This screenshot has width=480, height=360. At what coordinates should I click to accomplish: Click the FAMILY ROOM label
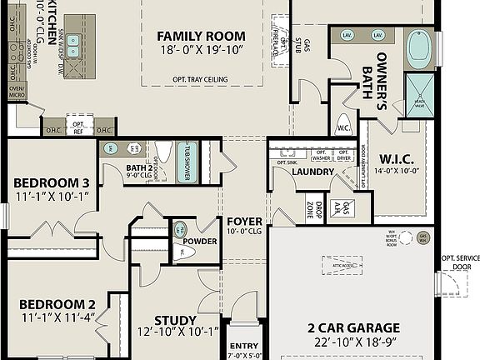(201, 36)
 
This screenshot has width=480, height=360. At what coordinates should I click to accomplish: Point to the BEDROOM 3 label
(51, 183)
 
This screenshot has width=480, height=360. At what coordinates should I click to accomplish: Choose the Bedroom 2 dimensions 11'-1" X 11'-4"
(57, 317)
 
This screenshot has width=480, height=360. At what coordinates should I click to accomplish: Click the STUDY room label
(175, 320)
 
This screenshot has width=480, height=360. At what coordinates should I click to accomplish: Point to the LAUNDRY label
(312, 172)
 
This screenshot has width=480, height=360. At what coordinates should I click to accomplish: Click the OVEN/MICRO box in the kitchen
(16, 91)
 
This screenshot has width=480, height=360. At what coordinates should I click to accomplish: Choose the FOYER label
(244, 222)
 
